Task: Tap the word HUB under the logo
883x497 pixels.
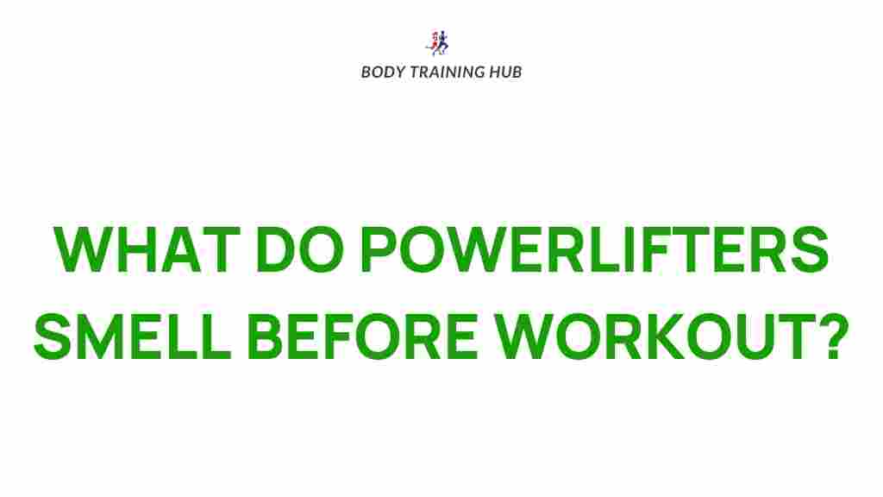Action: (505, 72)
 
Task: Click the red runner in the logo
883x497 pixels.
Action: (434, 42)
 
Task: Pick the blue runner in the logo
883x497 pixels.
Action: (444, 42)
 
